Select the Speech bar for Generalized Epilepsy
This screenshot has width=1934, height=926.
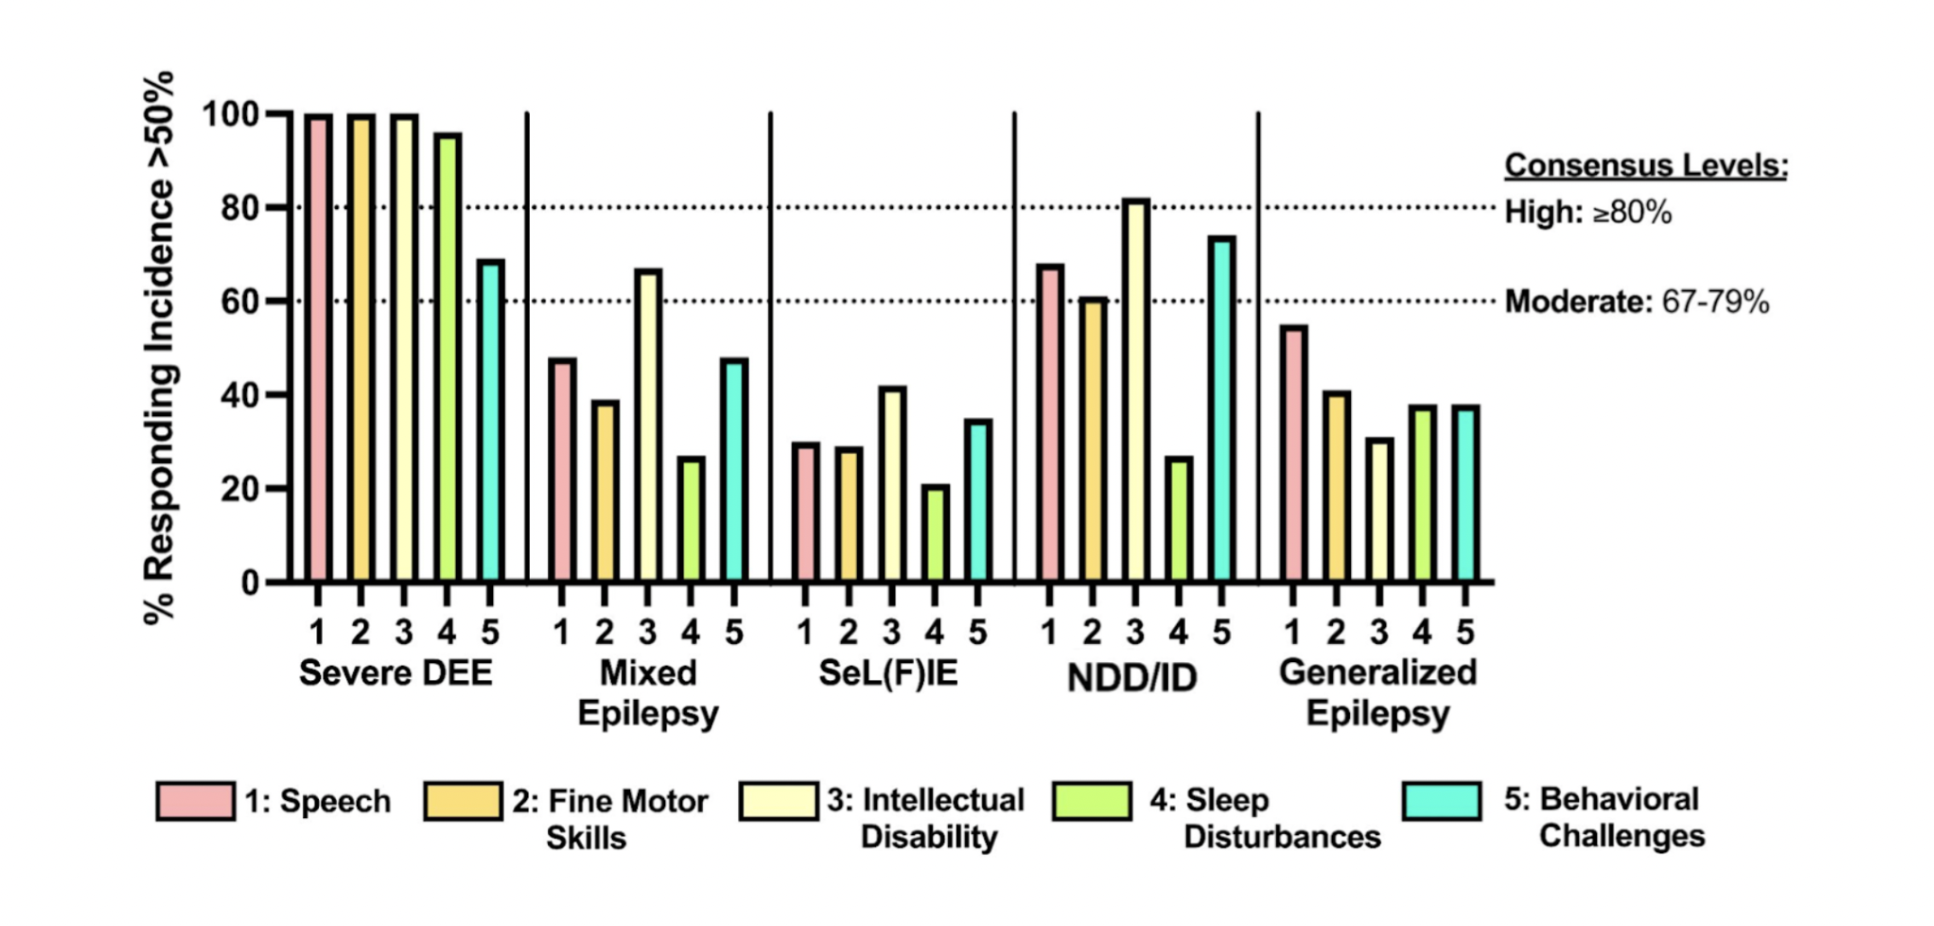[x=1293, y=454]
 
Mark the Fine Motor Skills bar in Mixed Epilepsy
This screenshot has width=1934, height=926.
[x=605, y=491]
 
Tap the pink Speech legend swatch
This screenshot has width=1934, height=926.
[x=196, y=801]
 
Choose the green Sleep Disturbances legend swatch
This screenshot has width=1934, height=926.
[x=1091, y=801]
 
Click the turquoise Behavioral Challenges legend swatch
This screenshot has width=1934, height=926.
[x=1442, y=801]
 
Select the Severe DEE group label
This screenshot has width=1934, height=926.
[x=396, y=673]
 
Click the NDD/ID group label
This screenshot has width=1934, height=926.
[x=1132, y=677]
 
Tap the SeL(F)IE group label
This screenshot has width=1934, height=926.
[x=888, y=673]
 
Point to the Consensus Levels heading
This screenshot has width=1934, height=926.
[x=1646, y=166]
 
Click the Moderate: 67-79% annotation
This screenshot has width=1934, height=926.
[x=1637, y=302]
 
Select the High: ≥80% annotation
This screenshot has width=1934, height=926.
[x=1588, y=213]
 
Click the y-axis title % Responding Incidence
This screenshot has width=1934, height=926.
[x=159, y=347]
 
